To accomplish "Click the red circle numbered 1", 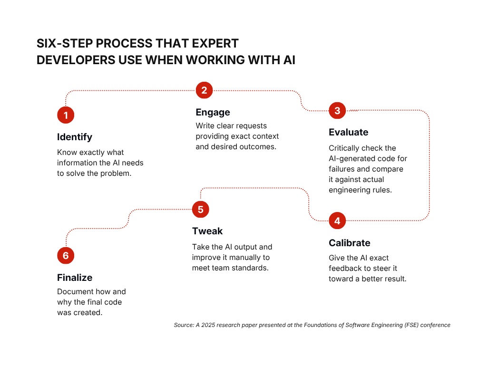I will click(66, 115).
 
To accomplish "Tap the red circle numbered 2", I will click(204, 90).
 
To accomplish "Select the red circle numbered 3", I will click(337, 111).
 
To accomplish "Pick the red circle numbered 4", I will click(337, 221).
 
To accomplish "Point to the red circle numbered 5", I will click(200, 209).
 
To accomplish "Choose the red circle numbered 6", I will click(66, 256).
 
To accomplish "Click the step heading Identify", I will click(75, 137).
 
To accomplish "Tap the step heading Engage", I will click(213, 112).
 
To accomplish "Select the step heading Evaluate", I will click(349, 132).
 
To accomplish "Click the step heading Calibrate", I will click(350, 243).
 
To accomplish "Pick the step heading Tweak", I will click(207, 231).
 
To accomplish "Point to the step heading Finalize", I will click(75, 278).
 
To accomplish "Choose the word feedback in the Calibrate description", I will click(345, 268).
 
